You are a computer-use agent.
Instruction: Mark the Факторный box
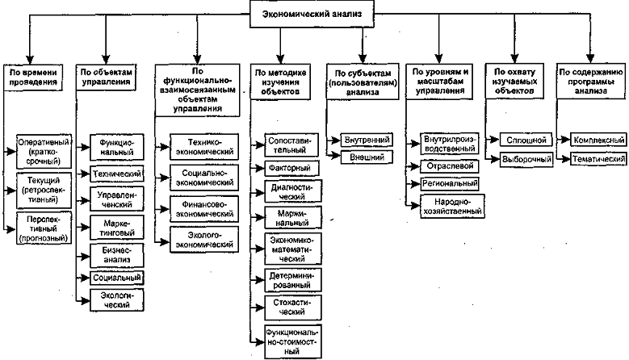pyautogui.click(x=283, y=168)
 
